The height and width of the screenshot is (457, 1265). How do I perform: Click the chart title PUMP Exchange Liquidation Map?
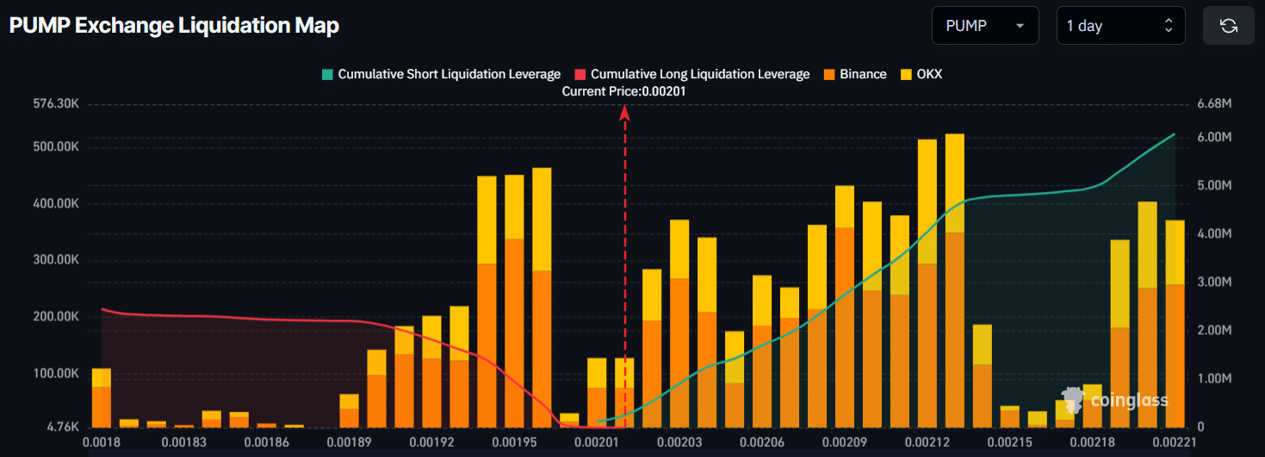coord(174,26)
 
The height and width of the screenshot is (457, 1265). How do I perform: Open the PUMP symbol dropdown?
coord(984,26)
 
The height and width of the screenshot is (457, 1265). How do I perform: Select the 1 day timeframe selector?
coord(1120,26)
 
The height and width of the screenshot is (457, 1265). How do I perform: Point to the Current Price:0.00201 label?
coord(624,90)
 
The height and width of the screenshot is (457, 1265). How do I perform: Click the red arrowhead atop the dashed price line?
coord(625,111)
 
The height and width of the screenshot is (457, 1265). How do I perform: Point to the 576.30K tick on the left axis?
coord(56,104)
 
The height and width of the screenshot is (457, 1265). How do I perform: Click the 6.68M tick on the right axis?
coord(1214,104)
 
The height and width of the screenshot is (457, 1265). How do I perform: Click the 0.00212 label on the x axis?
coord(926,442)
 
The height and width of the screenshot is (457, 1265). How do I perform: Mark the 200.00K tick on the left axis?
coord(56,317)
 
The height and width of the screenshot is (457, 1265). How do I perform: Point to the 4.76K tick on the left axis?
coord(63,427)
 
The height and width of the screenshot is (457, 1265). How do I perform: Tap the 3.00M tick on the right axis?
coord(1214,282)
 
